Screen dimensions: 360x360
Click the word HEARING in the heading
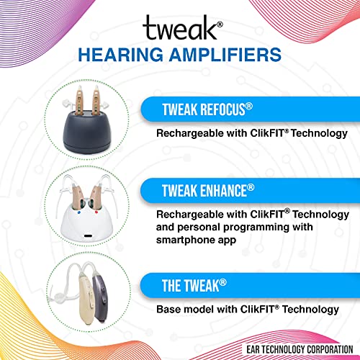point(120,55)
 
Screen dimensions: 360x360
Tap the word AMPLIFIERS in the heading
point(225,55)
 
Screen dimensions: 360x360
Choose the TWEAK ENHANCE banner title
point(208,191)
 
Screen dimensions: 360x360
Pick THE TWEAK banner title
point(194,286)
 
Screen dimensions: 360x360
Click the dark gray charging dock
point(86,132)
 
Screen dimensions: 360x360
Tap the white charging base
point(87,222)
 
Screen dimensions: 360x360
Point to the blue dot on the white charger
point(78,212)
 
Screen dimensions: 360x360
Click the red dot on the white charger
point(96,212)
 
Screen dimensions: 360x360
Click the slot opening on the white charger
point(88,235)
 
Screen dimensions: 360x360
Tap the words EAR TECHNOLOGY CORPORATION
point(300,350)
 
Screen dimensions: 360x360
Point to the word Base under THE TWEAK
point(168,309)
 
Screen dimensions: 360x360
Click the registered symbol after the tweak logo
point(220,24)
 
